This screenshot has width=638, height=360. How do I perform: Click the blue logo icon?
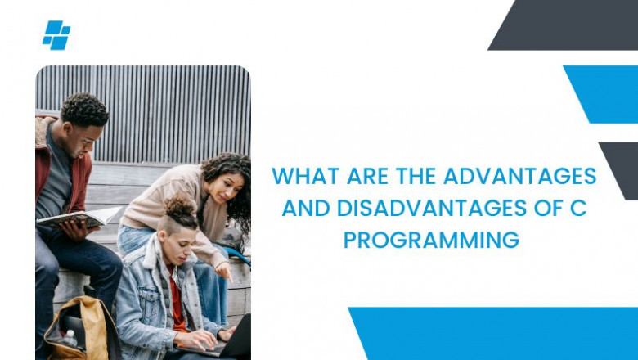56,35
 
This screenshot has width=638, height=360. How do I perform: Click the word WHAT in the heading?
299,176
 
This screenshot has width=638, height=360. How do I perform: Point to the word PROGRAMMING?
431,240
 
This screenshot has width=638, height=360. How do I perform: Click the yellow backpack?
74,331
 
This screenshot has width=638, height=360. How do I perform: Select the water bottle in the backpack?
71,339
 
